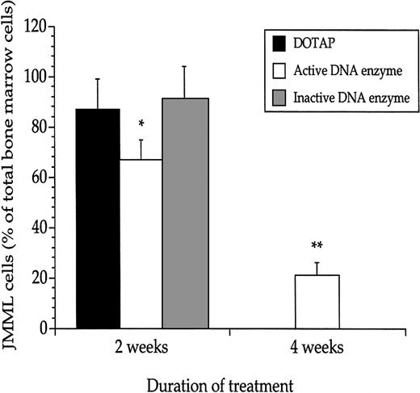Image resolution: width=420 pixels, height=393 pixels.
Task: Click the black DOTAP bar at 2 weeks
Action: (x=99, y=219)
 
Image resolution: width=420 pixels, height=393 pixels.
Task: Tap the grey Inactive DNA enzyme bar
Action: (x=185, y=214)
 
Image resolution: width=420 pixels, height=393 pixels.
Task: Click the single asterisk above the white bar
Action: (x=141, y=124)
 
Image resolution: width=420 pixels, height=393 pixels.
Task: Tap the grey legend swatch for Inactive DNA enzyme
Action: (x=279, y=97)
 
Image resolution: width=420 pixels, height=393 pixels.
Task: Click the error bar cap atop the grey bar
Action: (x=185, y=67)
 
